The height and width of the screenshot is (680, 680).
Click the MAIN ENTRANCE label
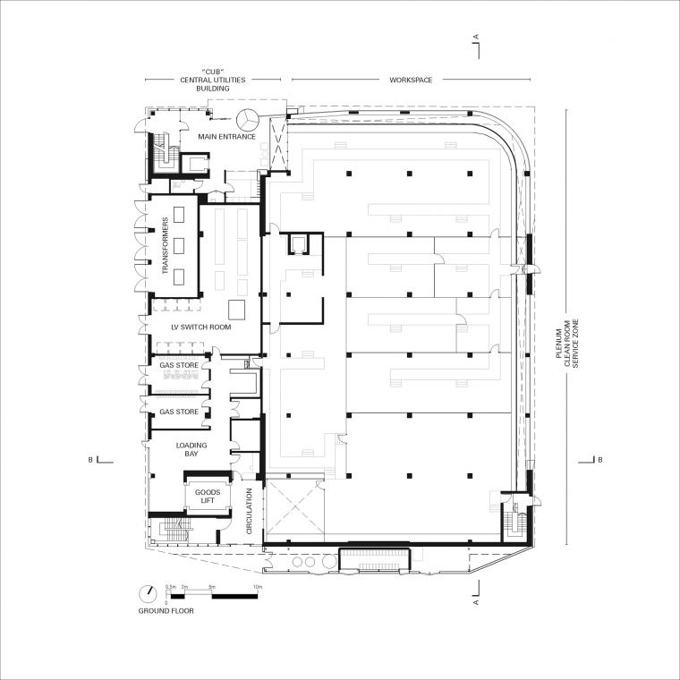click(x=226, y=137)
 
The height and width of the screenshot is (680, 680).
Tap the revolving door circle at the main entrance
click(x=248, y=119)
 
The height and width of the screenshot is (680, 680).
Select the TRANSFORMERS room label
click(x=166, y=245)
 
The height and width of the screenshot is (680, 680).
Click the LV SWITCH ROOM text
click(x=201, y=327)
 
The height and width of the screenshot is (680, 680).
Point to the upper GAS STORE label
click(x=179, y=365)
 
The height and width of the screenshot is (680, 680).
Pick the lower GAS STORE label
click(x=179, y=412)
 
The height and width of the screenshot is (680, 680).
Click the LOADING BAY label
click(x=191, y=449)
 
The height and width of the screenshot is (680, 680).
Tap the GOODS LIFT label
click(x=208, y=496)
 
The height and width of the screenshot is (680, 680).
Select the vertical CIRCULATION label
click(x=249, y=511)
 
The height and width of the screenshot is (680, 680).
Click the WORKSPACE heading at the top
click(x=411, y=80)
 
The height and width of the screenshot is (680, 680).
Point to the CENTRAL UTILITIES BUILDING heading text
click(x=213, y=80)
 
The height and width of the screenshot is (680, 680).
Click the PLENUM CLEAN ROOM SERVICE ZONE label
click(x=567, y=344)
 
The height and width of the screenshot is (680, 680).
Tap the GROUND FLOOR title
click(x=166, y=611)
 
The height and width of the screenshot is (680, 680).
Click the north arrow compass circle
click(x=148, y=594)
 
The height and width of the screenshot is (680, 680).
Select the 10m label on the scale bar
click(x=258, y=587)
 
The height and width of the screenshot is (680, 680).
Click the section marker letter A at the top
click(x=476, y=37)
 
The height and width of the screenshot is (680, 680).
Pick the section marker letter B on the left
click(x=90, y=460)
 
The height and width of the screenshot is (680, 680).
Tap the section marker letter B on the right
click(x=600, y=460)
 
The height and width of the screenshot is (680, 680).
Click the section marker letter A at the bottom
click(x=476, y=602)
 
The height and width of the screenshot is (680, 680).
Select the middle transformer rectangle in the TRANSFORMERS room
click(x=179, y=246)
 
